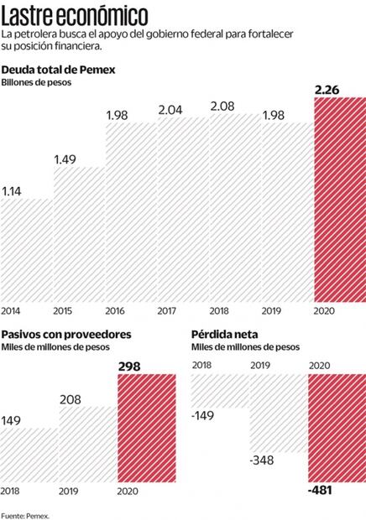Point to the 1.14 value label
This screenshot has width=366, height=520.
[13, 191]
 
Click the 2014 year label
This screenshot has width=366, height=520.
[12, 311]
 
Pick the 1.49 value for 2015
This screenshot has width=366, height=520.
[65, 160]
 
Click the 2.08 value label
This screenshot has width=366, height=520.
[222, 106]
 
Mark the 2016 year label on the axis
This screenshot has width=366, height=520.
[117, 311]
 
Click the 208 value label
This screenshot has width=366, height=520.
[71, 399]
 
